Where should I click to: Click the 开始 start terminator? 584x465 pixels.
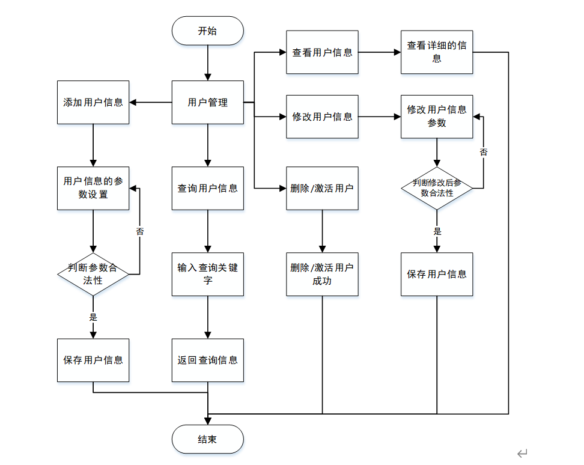(207, 31)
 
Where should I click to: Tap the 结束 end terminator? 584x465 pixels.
(207, 439)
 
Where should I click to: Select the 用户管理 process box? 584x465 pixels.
(207, 102)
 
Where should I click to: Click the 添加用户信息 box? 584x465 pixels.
(93, 102)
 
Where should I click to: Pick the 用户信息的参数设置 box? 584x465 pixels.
(93, 188)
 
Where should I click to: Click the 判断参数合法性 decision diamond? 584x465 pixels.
(93, 274)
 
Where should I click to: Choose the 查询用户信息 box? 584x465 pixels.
(207, 188)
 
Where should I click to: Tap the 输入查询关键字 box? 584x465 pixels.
(207, 274)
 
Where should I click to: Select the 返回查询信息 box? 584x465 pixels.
(207, 360)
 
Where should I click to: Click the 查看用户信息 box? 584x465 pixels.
(322, 52)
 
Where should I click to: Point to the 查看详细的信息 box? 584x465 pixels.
(437, 52)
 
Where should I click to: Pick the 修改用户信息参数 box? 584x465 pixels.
(437, 117)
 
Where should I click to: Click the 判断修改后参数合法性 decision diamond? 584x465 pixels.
(437, 188)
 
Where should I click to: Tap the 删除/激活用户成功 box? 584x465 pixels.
(322, 274)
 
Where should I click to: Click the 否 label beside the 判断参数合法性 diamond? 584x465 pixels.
(140, 231)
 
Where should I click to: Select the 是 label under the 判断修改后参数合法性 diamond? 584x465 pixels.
(437, 231)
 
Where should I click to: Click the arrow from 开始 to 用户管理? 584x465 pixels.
(207, 62)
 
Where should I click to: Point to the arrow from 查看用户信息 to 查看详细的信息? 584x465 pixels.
(379, 52)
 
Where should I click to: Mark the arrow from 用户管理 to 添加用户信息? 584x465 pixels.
(150, 102)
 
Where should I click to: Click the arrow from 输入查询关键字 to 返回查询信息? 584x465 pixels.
(207, 317)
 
